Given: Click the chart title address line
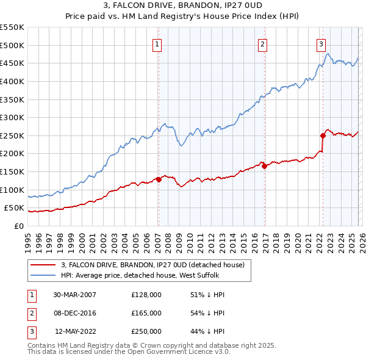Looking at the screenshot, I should point(182,5).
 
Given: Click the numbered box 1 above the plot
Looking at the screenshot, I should point(157,43).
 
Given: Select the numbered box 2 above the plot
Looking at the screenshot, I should point(262,43).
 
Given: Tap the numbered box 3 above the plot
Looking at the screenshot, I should point(321,43).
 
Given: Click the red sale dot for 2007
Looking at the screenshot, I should point(159,179).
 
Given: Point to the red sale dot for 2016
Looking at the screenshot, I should point(264,166).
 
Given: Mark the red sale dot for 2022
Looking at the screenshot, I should point(322,135).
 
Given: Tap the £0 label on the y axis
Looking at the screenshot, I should point(18,226).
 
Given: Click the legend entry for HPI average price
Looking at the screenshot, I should point(134,275).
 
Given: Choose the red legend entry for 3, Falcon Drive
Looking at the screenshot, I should point(152,265).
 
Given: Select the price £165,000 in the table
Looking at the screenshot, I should point(146,313).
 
